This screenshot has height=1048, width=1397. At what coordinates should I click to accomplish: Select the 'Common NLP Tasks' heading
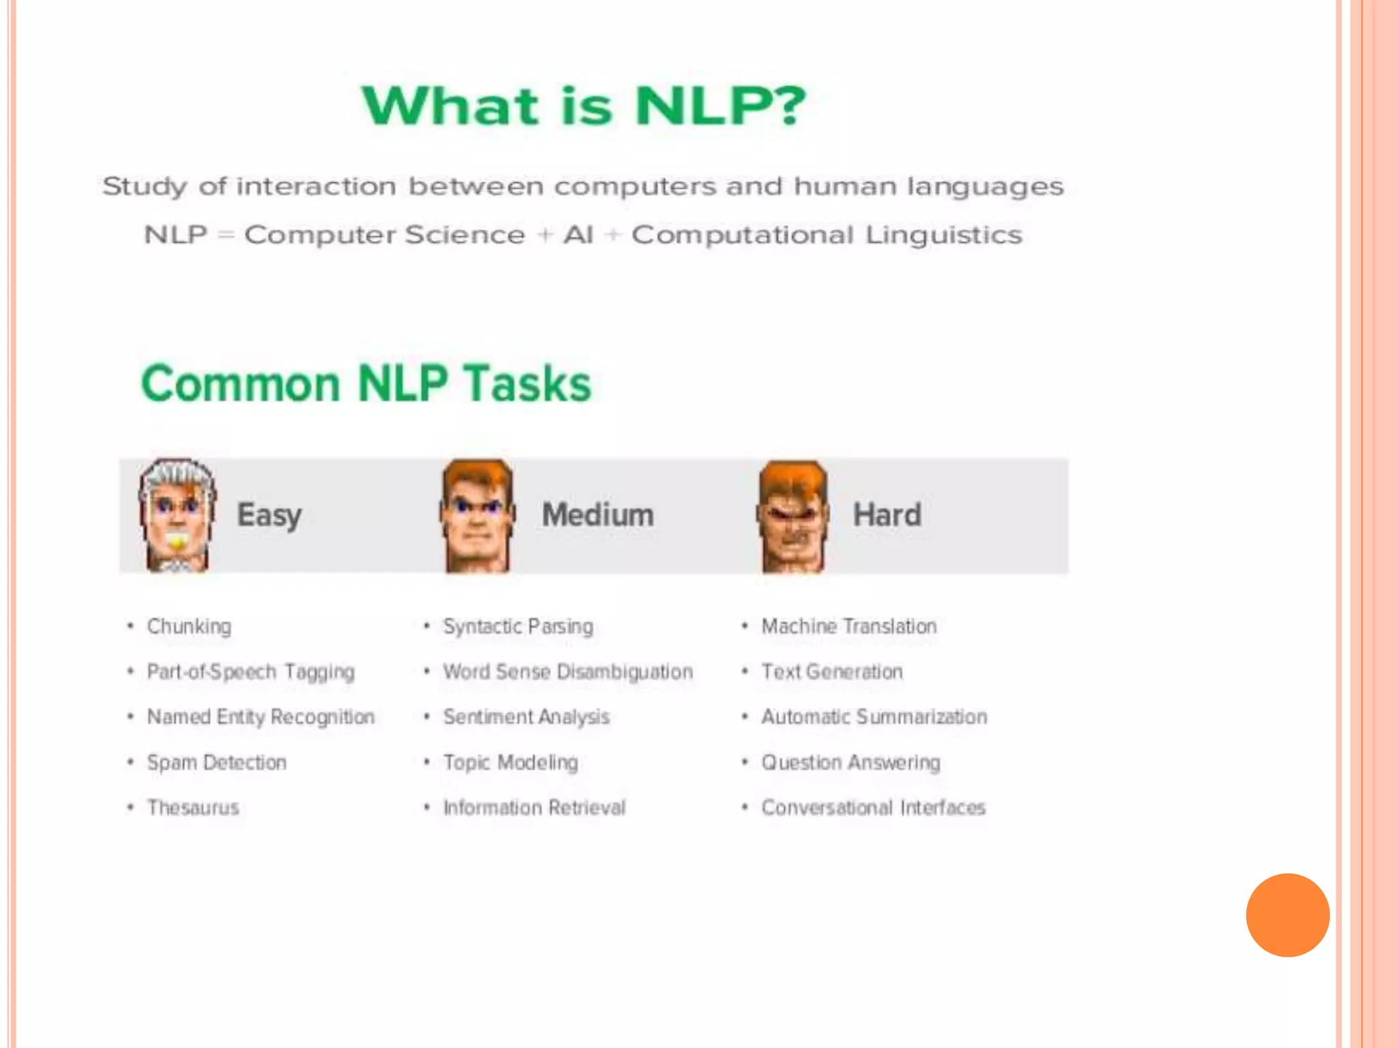click(x=366, y=383)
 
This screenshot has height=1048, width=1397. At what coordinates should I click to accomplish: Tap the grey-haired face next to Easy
click(x=177, y=515)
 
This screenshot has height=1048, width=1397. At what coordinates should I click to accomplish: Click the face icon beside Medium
click(x=477, y=515)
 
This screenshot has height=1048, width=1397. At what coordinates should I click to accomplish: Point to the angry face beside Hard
click(x=793, y=516)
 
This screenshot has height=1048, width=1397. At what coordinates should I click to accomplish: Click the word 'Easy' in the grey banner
click(x=269, y=516)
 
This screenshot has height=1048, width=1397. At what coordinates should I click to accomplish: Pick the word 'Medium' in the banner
click(x=598, y=515)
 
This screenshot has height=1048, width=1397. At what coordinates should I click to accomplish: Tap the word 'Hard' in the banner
click(x=887, y=515)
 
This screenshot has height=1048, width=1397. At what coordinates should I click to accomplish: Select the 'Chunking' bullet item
click(x=189, y=626)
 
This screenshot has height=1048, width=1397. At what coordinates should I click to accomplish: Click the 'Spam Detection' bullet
click(x=216, y=762)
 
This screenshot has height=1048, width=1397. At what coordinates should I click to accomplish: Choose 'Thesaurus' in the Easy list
click(x=193, y=808)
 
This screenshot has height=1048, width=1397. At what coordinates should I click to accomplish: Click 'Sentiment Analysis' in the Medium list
click(x=526, y=717)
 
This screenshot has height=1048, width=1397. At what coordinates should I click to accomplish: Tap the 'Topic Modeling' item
click(x=510, y=762)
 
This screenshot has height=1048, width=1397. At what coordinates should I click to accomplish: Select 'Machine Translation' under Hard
click(x=849, y=626)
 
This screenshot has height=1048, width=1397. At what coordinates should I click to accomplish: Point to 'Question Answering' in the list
click(x=851, y=762)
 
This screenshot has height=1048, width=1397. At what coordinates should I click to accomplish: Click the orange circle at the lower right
click(x=1287, y=915)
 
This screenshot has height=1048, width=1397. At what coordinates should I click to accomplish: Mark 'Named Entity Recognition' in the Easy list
click(x=261, y=717)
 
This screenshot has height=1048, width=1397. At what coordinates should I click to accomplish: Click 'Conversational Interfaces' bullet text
click(x=873, y=808)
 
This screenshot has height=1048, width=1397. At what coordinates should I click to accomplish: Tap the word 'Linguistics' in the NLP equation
click(x=943, y=235)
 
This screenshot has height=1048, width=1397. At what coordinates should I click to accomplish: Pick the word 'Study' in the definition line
click(x=145, y=187)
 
